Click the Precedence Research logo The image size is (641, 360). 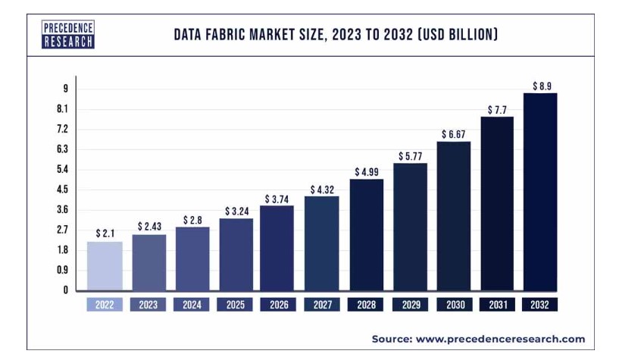point(67,34)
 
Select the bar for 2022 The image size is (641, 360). point(104,265)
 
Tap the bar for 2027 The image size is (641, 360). point(322,243)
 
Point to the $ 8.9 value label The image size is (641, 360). point(541,86)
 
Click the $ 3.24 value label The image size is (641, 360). point(236,211)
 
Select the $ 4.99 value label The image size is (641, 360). point(366,172)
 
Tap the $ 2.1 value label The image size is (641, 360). point(105,233)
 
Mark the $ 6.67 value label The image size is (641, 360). point(453,134)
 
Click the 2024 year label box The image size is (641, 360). point(192,305)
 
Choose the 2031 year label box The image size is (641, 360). point(497,305)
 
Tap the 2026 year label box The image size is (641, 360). point(279,305)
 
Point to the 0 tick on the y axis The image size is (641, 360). point(65,290)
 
